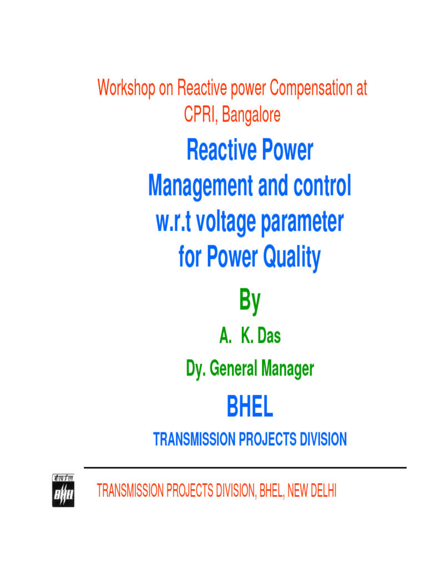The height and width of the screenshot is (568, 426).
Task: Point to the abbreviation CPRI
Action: (x=199, y=115)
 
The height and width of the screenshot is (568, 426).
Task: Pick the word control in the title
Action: (x=321, y=186)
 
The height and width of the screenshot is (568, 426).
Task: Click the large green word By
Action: (x=249, y=301)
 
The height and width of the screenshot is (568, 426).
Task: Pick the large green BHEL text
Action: (x=250, y=408)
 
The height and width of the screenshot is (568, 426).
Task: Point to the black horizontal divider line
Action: (x=245, y=468)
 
